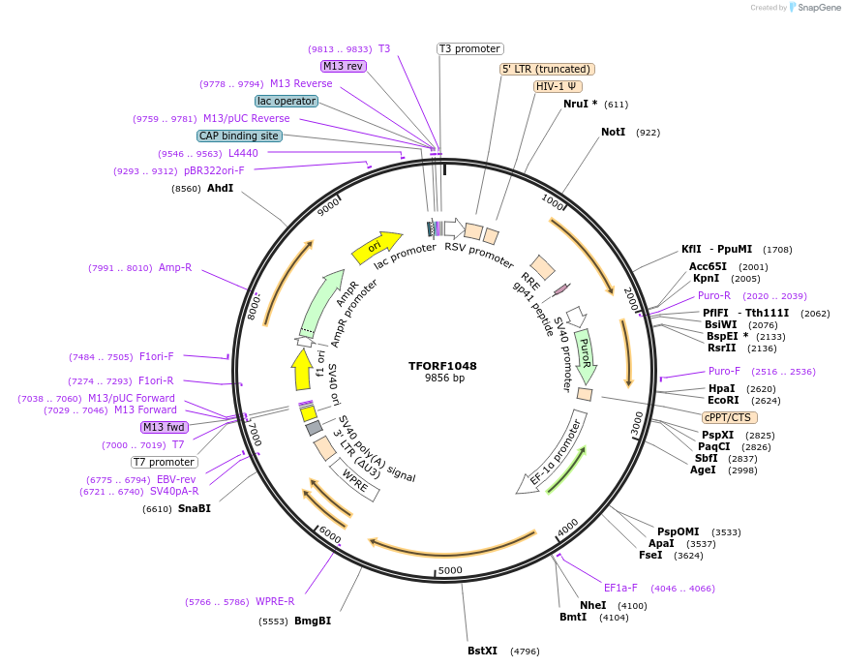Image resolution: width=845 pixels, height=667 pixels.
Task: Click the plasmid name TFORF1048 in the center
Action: pos(442,366)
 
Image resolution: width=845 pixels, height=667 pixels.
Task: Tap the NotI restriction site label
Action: pos(613,132)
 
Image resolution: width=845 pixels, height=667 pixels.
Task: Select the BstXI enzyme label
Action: pos(482,651)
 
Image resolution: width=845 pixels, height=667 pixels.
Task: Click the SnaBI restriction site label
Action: pos(194,508)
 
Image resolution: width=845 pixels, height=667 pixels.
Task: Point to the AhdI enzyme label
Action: pos(220,188)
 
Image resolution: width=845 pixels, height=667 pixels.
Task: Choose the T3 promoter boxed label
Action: pos(470,48)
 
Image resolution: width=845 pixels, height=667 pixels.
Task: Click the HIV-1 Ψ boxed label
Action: pos(558,86)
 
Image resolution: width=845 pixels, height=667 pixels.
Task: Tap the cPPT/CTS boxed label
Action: pos(728,417)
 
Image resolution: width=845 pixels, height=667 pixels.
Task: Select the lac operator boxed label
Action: pos(287,101)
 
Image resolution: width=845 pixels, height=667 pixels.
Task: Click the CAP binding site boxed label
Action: pos(239,136)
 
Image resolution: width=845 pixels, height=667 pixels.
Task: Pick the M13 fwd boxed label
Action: pos(164,427)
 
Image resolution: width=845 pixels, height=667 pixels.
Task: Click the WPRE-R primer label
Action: pos(275,601)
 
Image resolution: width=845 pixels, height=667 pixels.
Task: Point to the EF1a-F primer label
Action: pos(620,588)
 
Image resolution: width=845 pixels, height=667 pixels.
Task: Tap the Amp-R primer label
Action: pos(175,267)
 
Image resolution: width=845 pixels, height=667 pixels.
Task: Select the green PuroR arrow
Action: pos(585,355)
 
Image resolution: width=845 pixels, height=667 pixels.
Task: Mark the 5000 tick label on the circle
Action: pos(450,570)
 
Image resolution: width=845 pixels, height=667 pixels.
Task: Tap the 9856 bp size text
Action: pos(442,379)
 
